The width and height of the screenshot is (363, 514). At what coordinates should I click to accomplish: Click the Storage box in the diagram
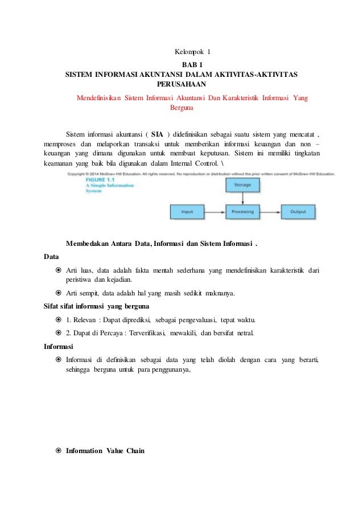click(243, 185)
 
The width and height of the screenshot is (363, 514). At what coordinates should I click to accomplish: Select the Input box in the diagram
click(187, 212)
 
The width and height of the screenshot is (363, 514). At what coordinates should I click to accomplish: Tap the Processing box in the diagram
click(243, 212)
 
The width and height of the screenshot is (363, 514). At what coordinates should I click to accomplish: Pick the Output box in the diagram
click(298, 212)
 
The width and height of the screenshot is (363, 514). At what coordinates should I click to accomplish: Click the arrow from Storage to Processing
click(243, 198)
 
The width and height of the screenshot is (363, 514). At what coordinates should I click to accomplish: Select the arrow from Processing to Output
click(271, 212)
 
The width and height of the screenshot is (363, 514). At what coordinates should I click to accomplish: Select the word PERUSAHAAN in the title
click(181, 85)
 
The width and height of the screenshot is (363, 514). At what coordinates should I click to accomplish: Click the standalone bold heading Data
click(51, 257)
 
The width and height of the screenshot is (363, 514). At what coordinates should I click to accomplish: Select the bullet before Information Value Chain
click(59, 451)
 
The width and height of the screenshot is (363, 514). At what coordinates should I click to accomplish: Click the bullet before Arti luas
click(59, 270)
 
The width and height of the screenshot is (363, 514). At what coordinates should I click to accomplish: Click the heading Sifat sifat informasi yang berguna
click(89, 306)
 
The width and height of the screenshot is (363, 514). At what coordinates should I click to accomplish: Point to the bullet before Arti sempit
click(59, 294)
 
